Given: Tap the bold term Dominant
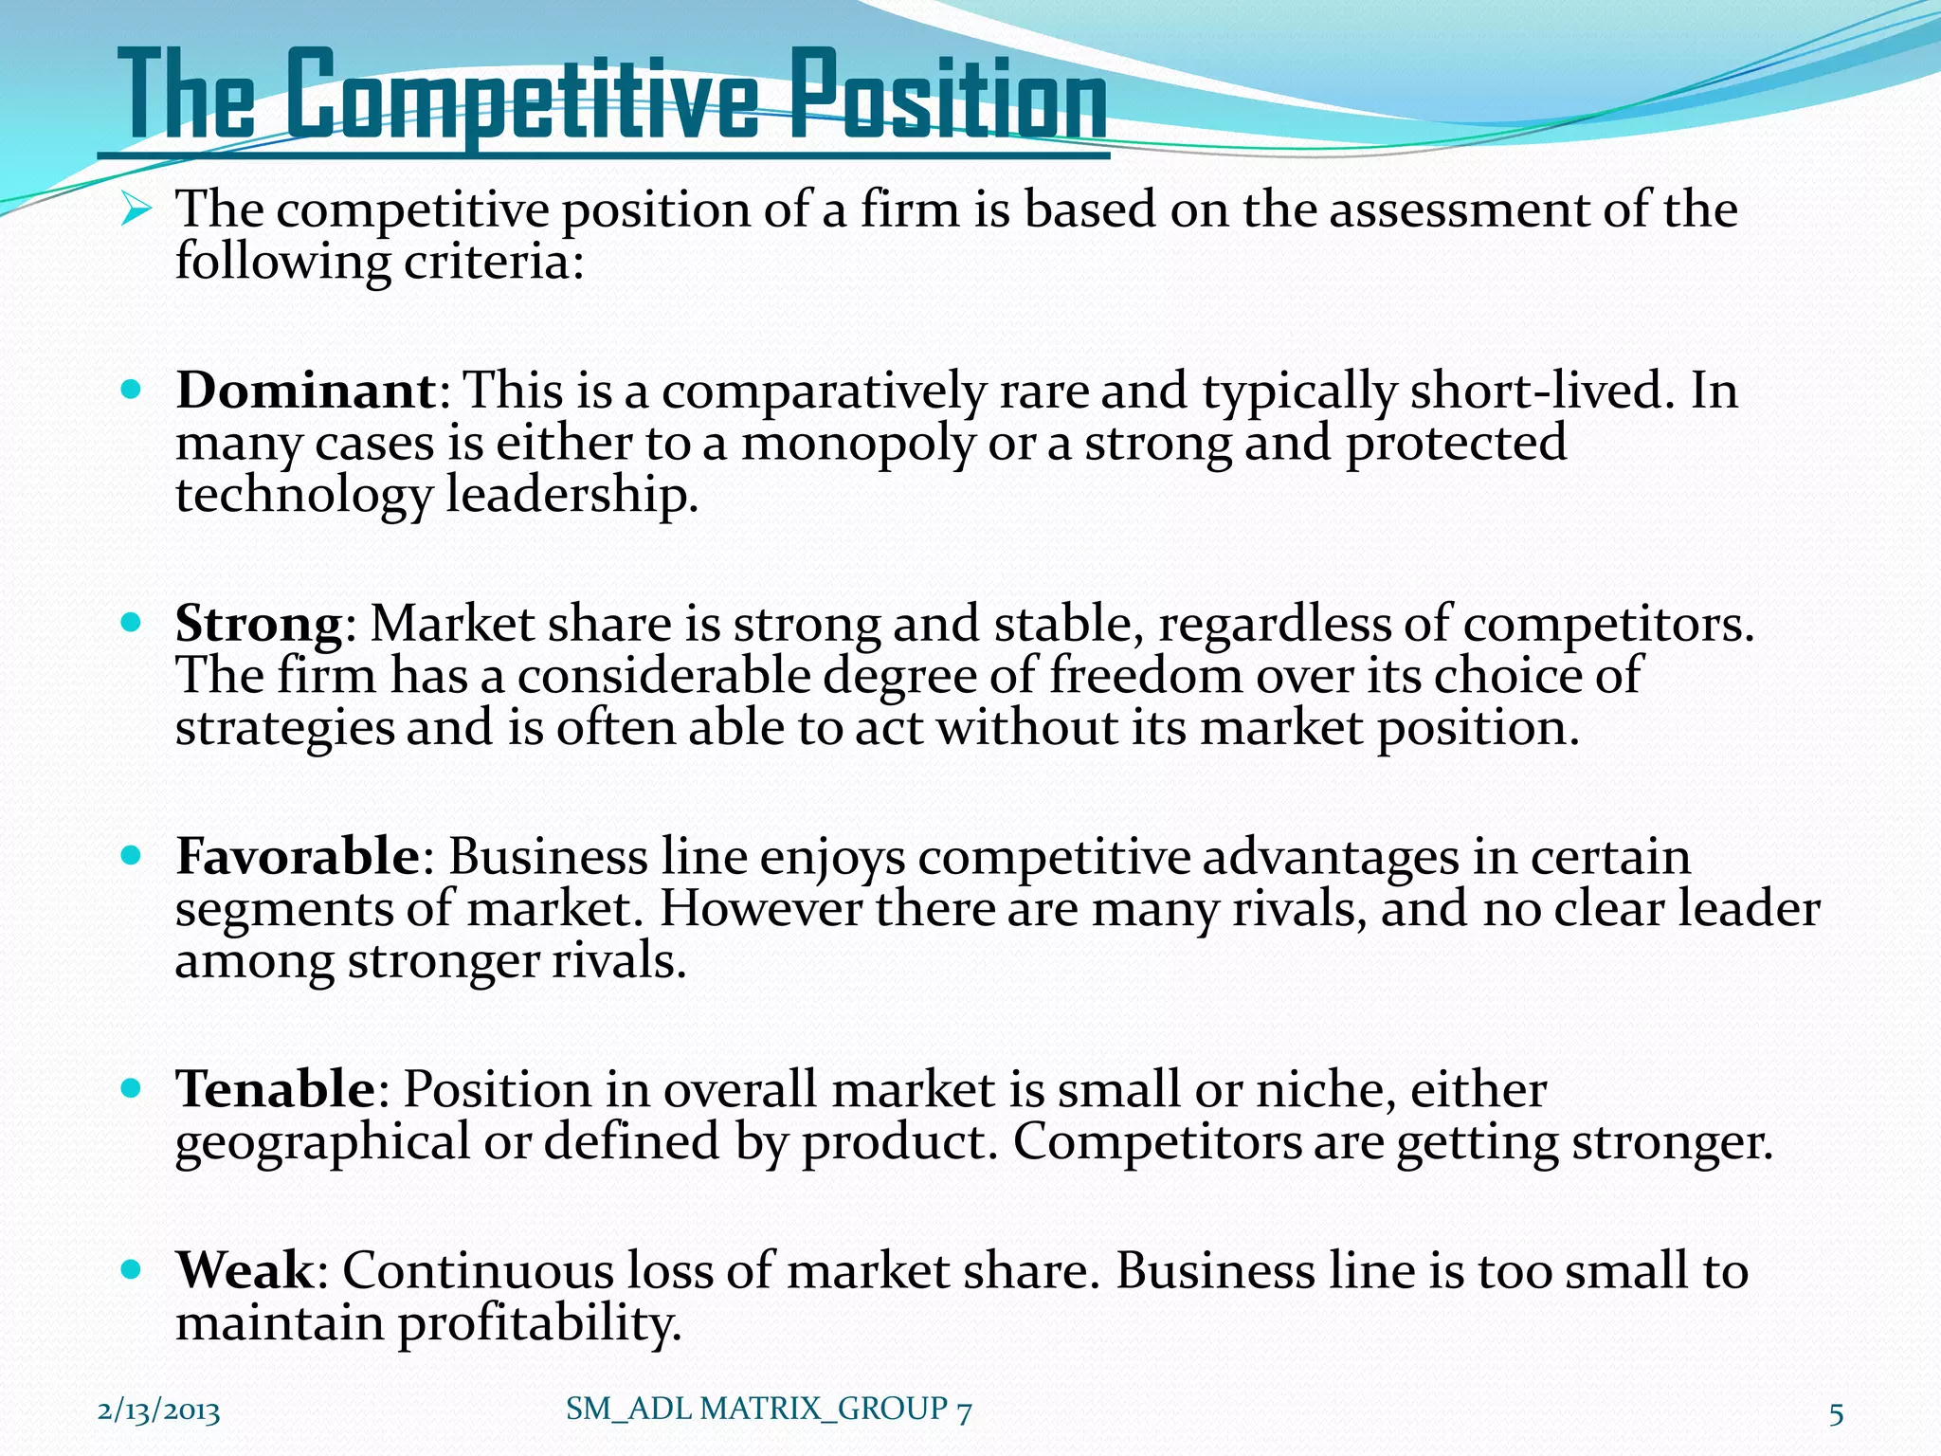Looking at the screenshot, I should coord(305,390).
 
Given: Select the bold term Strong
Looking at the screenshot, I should coord(258,624).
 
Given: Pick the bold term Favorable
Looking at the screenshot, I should coord(297,856).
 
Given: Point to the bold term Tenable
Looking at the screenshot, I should coord(276,1088).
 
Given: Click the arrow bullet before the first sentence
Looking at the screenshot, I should coord(136,209).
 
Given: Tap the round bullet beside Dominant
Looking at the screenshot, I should coord(132,390).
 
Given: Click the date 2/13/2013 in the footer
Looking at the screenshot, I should coord(159,1411).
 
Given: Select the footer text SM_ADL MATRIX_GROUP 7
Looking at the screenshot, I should coord(769,1410).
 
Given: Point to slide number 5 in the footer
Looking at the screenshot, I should coord(1836,1413).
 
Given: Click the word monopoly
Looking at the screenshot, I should coord(857,444).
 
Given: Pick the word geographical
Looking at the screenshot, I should coord(322,1142).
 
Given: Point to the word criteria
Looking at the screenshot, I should coord(493,261).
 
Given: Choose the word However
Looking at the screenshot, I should coord(760,909).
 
